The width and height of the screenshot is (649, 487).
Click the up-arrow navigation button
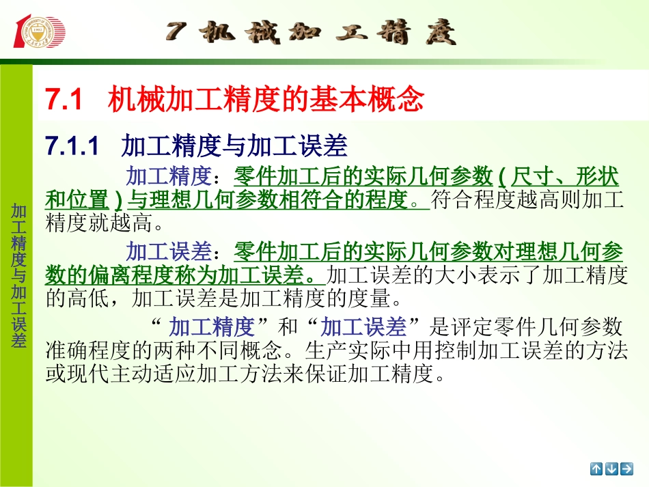point(596,469)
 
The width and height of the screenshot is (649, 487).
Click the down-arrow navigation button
point(611,469)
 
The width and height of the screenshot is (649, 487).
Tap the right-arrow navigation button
point(626,469)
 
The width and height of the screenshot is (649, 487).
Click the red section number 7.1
point(64,100)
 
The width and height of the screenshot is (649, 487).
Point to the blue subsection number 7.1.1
point(72,145)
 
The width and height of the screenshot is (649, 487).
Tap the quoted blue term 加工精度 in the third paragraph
point(212,326)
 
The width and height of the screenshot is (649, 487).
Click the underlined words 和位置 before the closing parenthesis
point(77,199)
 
